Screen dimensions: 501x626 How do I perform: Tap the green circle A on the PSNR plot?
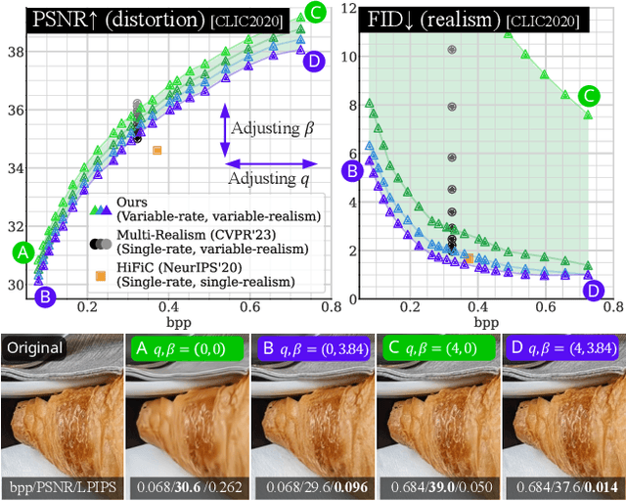click(x=22, y=252)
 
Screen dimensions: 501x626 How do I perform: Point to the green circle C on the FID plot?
click(x=590, y=96)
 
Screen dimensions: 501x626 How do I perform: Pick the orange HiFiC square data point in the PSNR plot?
click(x=156, y=150)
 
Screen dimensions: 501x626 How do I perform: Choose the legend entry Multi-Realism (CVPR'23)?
click(x=174, y=235)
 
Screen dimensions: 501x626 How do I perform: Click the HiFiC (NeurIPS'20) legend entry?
click(x=174, y=267)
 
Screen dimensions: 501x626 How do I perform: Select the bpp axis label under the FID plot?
click(x=485, y=321)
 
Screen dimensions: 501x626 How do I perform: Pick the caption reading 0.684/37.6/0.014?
click(x=561, y=486)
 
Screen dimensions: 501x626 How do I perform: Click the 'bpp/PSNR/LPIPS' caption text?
click(x=62, y=486)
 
